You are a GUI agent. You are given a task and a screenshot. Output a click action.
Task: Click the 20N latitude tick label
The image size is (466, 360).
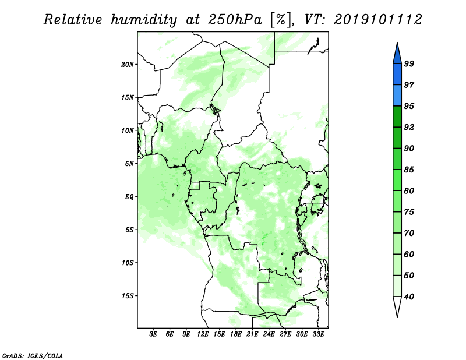point(128,65)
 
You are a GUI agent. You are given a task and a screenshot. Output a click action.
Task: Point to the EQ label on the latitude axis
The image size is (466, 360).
point(129,197)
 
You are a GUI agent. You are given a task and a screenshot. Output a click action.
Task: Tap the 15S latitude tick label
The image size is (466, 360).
point(128,296)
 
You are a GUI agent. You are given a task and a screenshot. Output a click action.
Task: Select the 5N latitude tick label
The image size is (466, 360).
point(129,164)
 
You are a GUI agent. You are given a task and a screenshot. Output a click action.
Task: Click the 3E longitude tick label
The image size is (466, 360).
point(153,334)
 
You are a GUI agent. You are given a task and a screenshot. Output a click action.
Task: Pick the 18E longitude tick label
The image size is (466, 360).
point(236,334)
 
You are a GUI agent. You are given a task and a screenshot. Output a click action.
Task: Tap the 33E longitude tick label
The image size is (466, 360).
point(318,334)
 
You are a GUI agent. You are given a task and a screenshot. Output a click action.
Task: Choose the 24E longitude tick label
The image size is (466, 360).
point(269,334)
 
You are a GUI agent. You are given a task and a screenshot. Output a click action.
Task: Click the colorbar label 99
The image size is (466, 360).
point(409,63)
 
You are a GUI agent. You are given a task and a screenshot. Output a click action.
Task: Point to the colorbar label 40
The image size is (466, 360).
point(409,297)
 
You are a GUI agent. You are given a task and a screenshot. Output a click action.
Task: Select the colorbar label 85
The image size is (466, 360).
point(409,170)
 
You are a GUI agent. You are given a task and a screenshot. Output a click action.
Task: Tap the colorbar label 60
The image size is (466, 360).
point(409,255)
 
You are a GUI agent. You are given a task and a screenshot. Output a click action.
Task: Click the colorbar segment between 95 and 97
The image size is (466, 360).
point(397,96)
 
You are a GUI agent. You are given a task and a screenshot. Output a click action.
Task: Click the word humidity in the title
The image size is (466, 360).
point(144,20)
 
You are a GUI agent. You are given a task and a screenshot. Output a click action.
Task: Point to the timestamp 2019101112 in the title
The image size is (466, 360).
point(377,20)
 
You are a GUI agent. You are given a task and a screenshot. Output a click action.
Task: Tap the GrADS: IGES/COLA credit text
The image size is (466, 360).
point(33,355)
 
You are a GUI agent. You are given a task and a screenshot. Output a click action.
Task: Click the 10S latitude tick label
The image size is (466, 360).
point(128,263)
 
